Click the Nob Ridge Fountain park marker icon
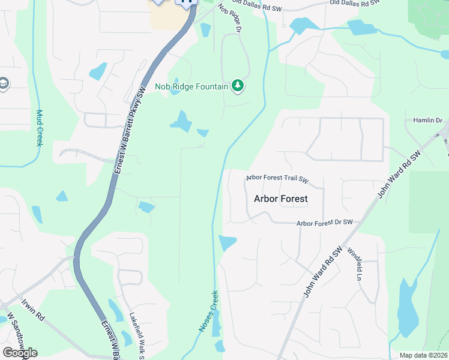[238, 86]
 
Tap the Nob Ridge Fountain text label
[191, 86]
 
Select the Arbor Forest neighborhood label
[280, 198]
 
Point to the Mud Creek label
[40, 127]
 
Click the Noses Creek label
[208, 312]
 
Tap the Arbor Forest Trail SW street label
[277, 179]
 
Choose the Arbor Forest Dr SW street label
[324, 223]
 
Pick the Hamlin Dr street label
[427, 121]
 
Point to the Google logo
[20, 353]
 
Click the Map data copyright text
[424, 355]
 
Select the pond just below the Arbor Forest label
[227, 242]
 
